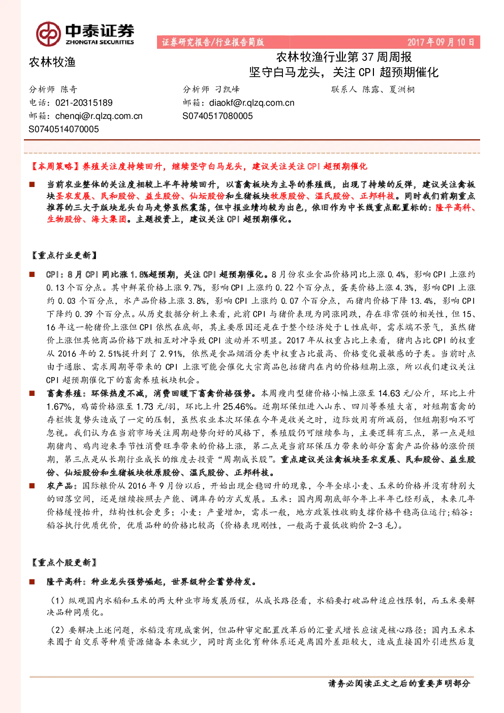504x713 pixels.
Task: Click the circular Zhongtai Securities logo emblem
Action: pyautogui.click(x=48, y=34)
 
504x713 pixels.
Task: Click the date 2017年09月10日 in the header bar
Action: pyautogui.click(x=440, y=42)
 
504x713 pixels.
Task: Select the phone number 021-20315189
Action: pyautogui.click(x=84, y=103)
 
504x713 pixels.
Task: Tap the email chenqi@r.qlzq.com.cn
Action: pyautogui.click(x=99, y=116)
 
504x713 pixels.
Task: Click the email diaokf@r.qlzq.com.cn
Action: pyautogui.click(x=251, y=103)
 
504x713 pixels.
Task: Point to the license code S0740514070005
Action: pyautogui.click(x=64, y=129)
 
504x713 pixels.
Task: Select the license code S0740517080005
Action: pyautogui.click(x=217, y=116)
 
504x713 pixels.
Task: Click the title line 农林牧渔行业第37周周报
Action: pyautogui.click(x=344, y=57)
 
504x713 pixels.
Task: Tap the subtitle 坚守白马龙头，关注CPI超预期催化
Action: pyautogui.click(x=343, y=72)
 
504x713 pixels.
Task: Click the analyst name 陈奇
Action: pyautogui.click(x=69, y=89)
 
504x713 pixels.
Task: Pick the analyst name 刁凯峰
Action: pyautogui.click(x=227, y=89)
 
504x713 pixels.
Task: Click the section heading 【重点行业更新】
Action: pyautogui.click(x=64, y=255)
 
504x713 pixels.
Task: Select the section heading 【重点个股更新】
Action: pyautogui.click(x=64, y=563)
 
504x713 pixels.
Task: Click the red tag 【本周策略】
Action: pyautogui.click(x=56, y=166)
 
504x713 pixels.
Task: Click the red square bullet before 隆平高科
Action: pyautogui.click(x=32, y=582)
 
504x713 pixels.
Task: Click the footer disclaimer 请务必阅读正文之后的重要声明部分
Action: pyautogui.click(x=399, y=683)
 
